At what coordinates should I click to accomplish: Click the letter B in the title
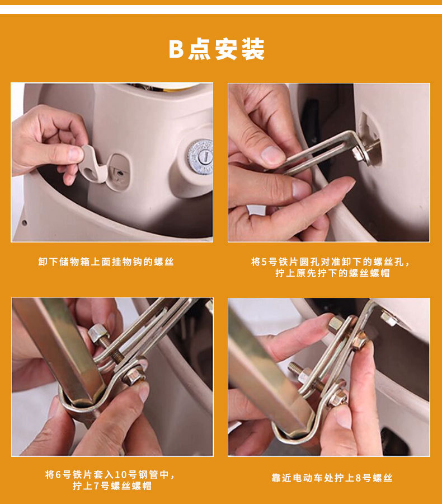(176, 49)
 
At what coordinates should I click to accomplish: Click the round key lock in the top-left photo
(200, 155)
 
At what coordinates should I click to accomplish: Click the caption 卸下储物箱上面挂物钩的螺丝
(106, 262)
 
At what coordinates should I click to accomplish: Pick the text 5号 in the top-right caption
(269, 262)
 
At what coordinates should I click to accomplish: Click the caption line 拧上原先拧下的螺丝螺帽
(332, 274)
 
